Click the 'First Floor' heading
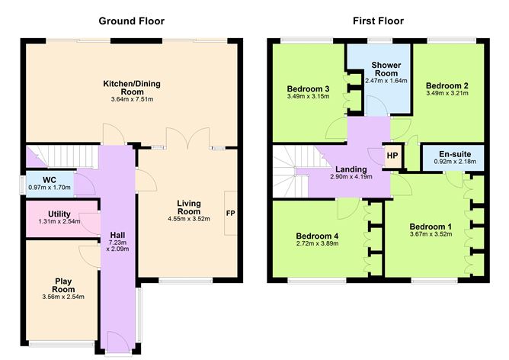pyautogui.click(x=378, y=21)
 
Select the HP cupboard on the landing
pyautogui.click(x=392, y=156)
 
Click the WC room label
pyautogui.click(x=50, y=180)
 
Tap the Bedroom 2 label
pyautogui.click(x=447, y=85)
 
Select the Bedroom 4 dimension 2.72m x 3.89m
pyautogui.click(x=316, y=245)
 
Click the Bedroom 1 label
pyautogui.click(x=431, y=227)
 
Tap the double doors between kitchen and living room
pyautogui.click(x=187, y=139)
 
